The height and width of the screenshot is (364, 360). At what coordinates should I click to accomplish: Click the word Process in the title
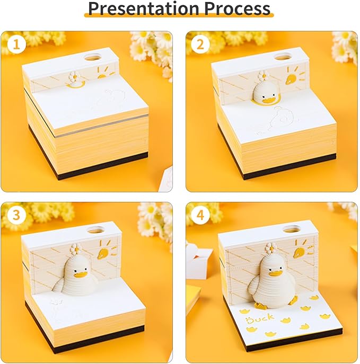point(237,8)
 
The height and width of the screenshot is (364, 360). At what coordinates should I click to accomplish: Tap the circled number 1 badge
point(16,45)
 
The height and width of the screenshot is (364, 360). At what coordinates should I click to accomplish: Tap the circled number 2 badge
point(200,45)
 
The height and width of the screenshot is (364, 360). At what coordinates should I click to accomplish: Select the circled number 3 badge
point(16,215)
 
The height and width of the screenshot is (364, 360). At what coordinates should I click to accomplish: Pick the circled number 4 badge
point(200,215)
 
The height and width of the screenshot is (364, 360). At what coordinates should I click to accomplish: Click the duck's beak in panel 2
point(269,101)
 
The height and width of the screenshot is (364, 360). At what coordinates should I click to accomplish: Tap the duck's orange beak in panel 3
point(80,274)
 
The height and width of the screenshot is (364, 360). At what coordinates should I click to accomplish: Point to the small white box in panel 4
point(199,260)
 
